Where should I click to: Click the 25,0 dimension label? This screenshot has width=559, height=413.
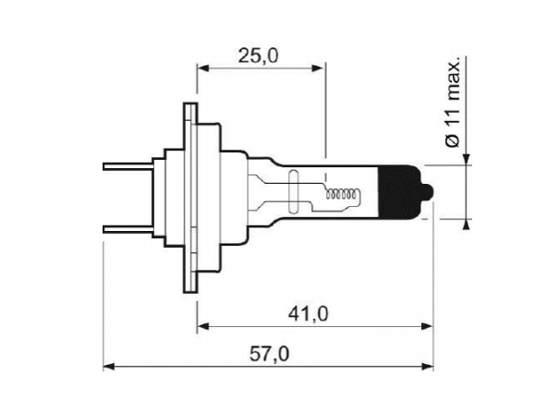pos(258,56)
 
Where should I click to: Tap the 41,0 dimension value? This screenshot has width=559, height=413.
pos(308,314)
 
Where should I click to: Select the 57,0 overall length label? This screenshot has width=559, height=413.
pos(269,354)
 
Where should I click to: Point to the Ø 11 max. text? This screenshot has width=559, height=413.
pos(453,102)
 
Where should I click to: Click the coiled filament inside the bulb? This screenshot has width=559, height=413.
pos(341,193)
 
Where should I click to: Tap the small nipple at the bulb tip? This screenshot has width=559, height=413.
pos(429,192)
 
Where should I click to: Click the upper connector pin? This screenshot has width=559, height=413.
pos(128,166)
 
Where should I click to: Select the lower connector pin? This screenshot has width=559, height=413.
pos(128,229)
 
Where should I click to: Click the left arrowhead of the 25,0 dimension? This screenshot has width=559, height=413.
pos(202,68)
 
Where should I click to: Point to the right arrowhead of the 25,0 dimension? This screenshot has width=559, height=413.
pos(318,68)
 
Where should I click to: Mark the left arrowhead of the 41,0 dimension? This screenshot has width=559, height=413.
pos(203,326)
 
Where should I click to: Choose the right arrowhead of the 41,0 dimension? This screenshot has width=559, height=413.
pos(427,326)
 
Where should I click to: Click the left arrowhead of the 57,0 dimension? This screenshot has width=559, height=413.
pos(109,366)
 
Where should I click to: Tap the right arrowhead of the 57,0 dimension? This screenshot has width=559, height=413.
pos(428,366)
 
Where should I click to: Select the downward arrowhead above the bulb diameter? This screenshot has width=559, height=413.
pos(467,160)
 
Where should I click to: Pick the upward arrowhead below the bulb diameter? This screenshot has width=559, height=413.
pos(467,225)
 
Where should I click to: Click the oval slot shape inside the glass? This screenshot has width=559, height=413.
pos(293,192)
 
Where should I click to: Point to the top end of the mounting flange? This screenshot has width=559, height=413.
pos(190,103)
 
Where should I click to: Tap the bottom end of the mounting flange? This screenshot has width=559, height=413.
pos(190,292)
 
